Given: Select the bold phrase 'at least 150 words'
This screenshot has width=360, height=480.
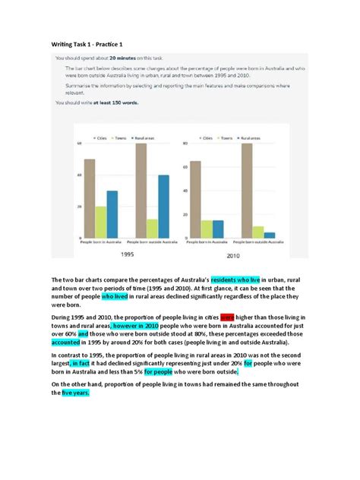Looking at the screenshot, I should click(115, 101).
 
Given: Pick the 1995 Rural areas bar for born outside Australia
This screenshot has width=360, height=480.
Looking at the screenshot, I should click(163, 207).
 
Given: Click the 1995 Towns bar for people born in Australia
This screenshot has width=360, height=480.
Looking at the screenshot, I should click(100, 223).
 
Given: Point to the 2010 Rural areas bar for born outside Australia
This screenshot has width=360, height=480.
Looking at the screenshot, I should click(270, 235).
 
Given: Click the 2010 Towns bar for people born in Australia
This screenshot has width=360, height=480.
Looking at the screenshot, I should click(207, 229).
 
